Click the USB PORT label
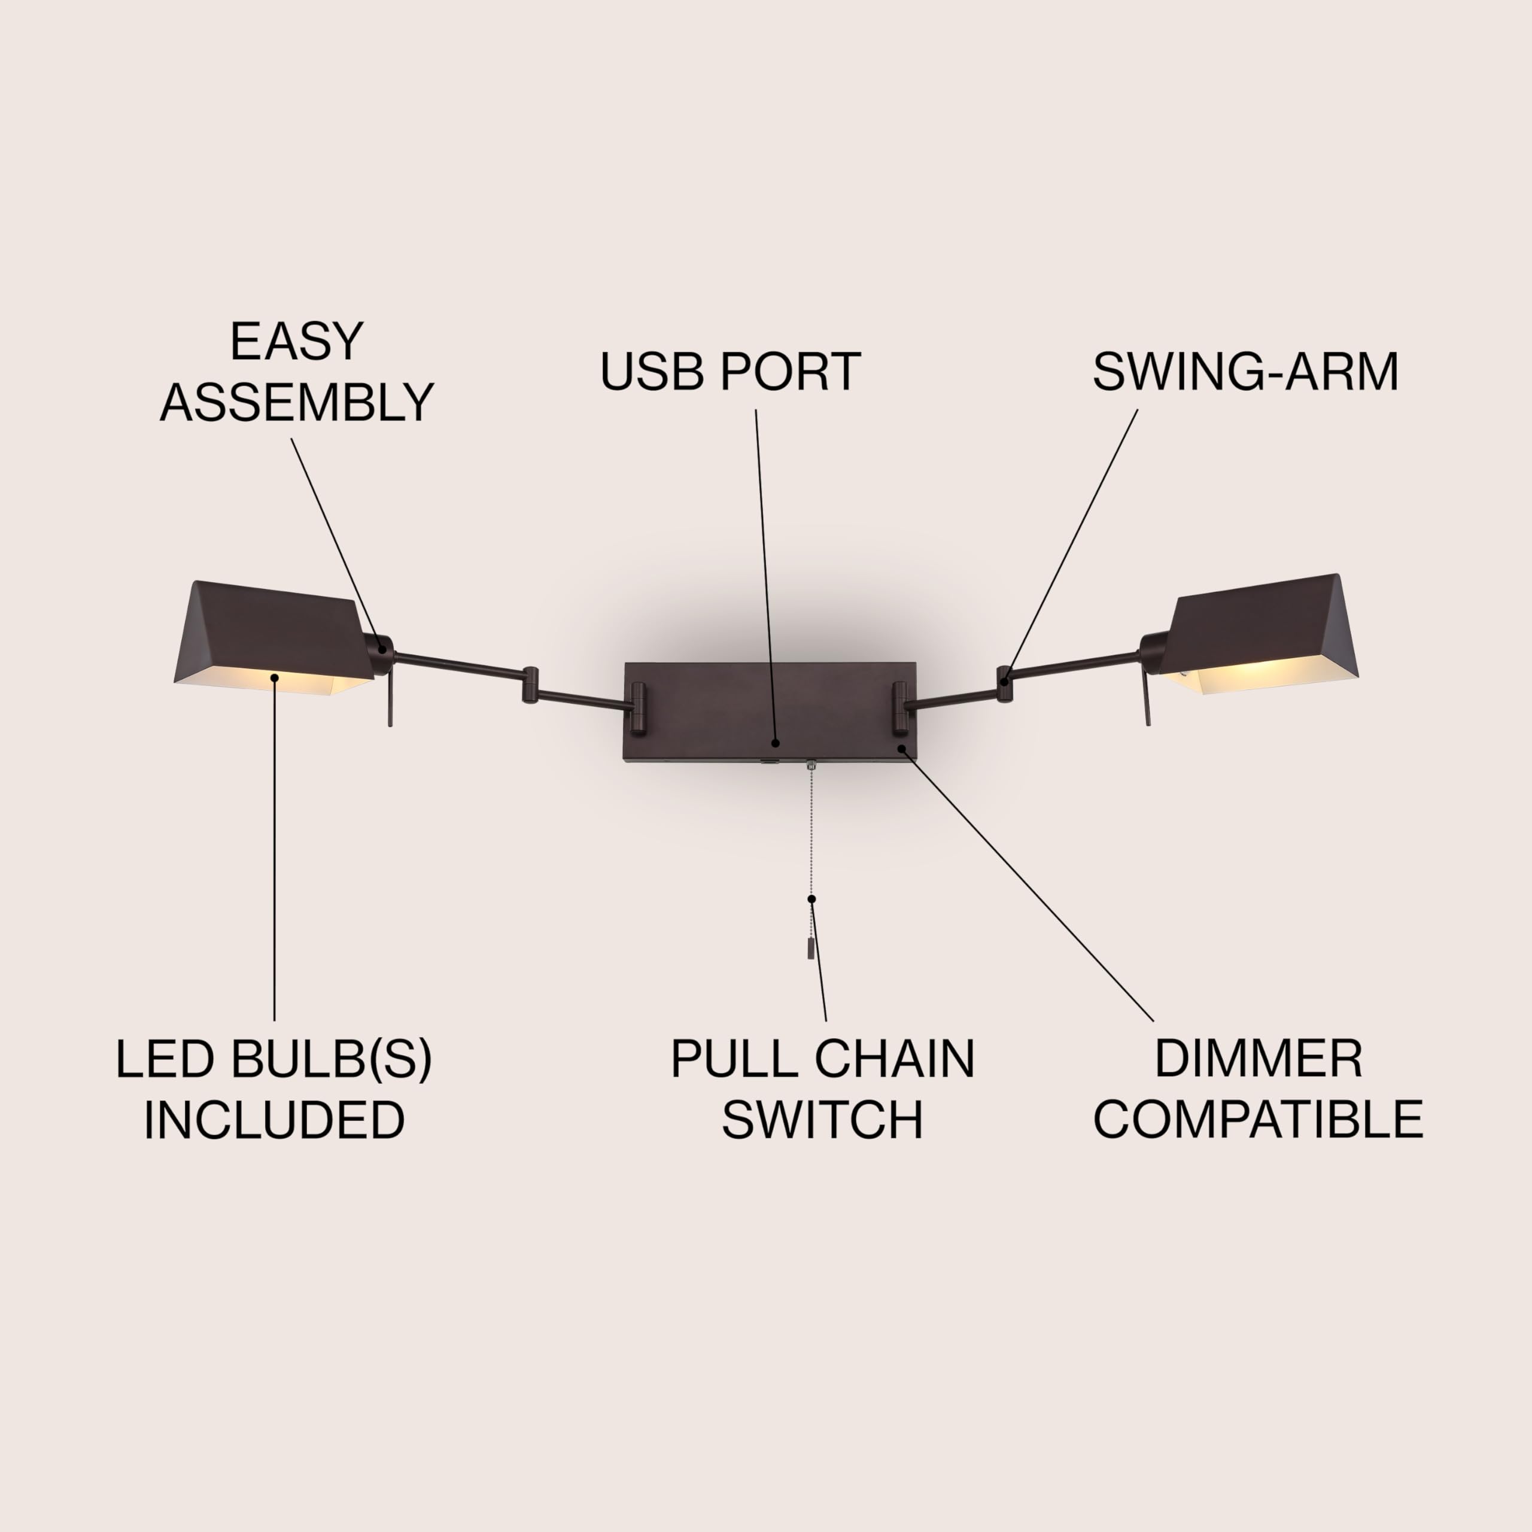click(729, 371)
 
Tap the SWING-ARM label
click(1245, 371)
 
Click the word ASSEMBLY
click(297, 402)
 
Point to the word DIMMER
click(1259, 1059)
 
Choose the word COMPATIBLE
click(1259, 1119)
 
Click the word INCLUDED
click(274, 1120)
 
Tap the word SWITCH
click(822, 1120)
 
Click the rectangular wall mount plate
click(714, 710)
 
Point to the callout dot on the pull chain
click(811, 898)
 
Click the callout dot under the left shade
click(274, 677)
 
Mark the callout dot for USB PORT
click(776, 743)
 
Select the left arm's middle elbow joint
click(530, 685)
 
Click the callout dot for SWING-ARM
click(1005, 680)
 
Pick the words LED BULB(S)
click(274, 1059)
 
